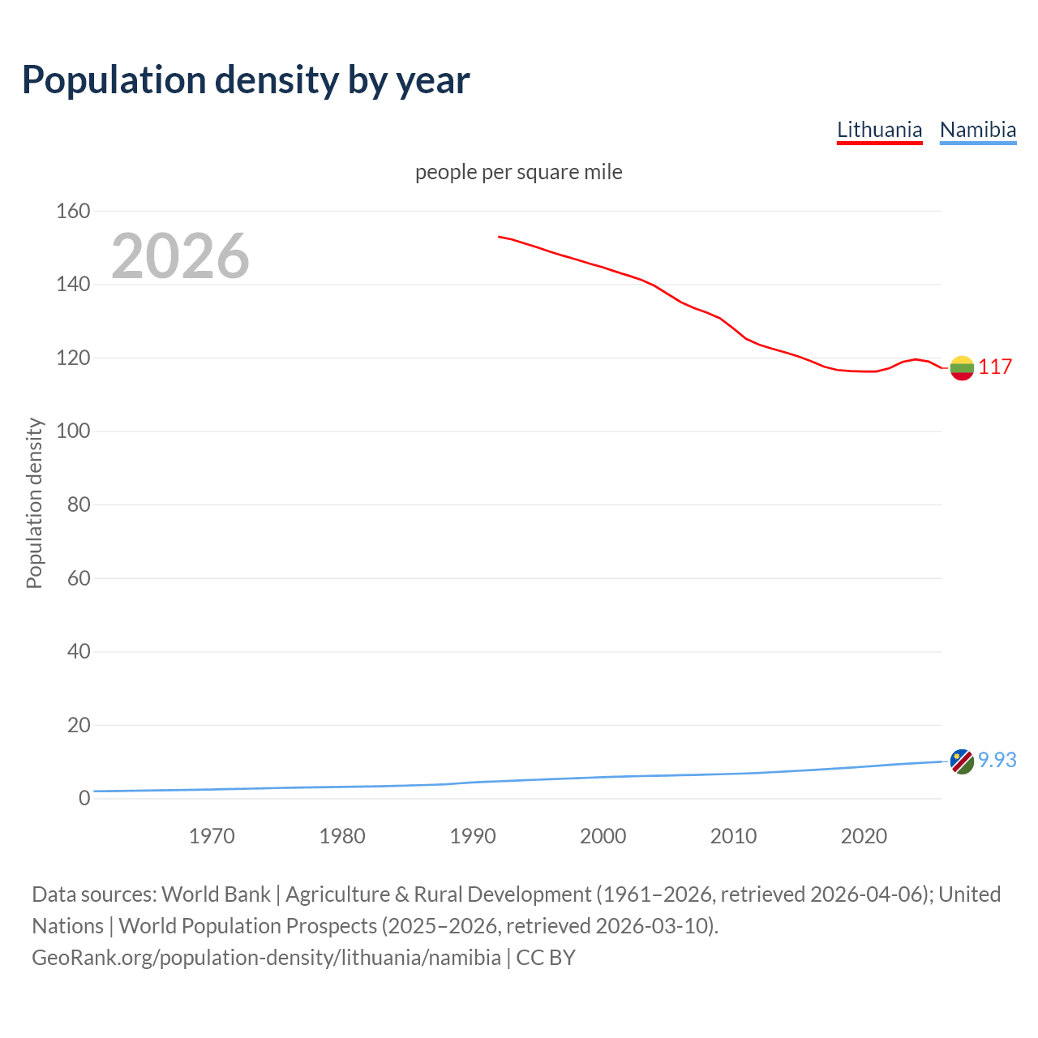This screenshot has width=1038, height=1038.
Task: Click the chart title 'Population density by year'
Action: pos(246,80)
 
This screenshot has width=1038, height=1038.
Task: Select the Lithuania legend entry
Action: pos(879,130)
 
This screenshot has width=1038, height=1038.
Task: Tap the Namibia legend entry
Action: pos(977,130)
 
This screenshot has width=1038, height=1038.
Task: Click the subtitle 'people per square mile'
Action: pos(518,173)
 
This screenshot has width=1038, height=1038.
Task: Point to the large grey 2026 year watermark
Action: pos(180,256)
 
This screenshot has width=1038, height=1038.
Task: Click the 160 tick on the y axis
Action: pos(73,212)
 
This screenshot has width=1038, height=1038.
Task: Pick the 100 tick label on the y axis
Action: pos(73,431)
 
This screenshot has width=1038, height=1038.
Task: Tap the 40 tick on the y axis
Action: pos(78,651)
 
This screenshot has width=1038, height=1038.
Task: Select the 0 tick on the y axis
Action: pos(84,798)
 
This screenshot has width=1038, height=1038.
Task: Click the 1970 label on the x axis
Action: pos(212,836)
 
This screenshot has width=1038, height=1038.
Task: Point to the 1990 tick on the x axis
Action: pos(473,836)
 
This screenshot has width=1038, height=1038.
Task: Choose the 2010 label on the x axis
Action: pos(733,836)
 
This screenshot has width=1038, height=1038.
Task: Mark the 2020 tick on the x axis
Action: pos(864,836)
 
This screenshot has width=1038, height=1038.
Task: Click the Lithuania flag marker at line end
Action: pos(961,368)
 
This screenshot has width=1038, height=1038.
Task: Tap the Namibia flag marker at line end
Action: pos(961,761)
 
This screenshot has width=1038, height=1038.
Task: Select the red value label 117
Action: pos(995,367)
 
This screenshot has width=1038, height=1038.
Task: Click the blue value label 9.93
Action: pos(997,761)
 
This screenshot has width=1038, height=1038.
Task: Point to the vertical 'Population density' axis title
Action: pos(34,503)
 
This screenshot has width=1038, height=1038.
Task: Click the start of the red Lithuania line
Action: pos(500,237)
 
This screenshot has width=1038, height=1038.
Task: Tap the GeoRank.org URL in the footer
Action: pos(266,958)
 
